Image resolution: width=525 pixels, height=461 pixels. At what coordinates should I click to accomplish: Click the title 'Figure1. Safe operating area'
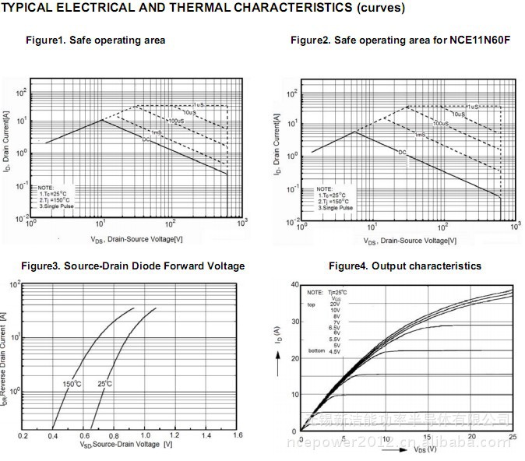pyautogui.click(x=95, y=40)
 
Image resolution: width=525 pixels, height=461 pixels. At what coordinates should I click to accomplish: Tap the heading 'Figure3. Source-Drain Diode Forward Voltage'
pyautogui.click(x=132, y=266)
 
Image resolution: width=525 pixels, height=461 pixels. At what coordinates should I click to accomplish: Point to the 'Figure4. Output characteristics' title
pyautogui.click(x=405, y=266)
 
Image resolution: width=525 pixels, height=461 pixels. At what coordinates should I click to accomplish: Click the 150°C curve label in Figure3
pyautogui.click(x=72, y=384)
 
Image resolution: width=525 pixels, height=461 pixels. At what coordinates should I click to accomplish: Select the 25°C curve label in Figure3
pyautogui.click(x=104, y=384)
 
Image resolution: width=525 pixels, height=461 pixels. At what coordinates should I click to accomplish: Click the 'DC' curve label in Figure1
pyautogui.click(x=146, y=139)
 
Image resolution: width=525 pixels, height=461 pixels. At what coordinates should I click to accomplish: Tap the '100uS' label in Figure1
pyautogui.click(x=176, y=121)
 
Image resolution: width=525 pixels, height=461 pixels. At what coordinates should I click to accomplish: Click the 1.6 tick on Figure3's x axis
pyautogui.click(x=238, y=435)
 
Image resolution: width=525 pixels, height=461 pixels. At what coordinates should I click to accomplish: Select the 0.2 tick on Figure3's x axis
pyautogui.click(x=23, y=435)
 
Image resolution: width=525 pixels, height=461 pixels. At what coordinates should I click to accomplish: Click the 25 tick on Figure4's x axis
pyautogui.click(x=511, y=440)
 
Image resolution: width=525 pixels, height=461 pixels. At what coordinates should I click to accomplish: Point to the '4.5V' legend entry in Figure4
pyautogui.click(x=334, y=352)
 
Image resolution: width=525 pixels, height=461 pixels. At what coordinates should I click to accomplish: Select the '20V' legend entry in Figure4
pyautogui.click(x=334, y=304)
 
